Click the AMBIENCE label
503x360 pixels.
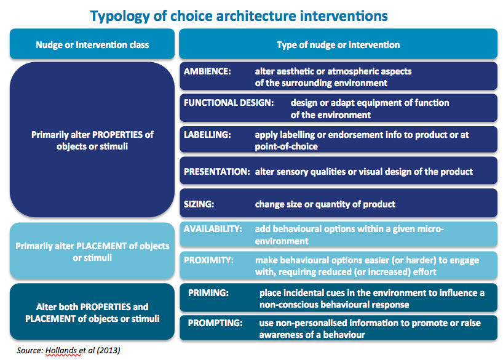pos(207,71)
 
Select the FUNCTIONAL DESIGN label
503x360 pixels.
pos(229,103)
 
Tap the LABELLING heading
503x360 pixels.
pos(207,135)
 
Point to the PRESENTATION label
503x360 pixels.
pos(217,172)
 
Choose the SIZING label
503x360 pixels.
pos(199,204)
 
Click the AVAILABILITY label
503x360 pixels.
pos(213,229)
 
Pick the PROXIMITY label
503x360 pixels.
pos(208,260)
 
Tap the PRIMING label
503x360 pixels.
pos(208,293)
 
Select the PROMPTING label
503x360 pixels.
pos(215,322)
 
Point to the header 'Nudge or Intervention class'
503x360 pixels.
pos(92,45)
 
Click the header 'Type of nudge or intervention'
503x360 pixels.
pos(338,45)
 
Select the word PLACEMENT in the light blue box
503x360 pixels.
pos(101,246)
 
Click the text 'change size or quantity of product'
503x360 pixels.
pos(325,204)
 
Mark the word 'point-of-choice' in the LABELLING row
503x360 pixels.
pos(286,146)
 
